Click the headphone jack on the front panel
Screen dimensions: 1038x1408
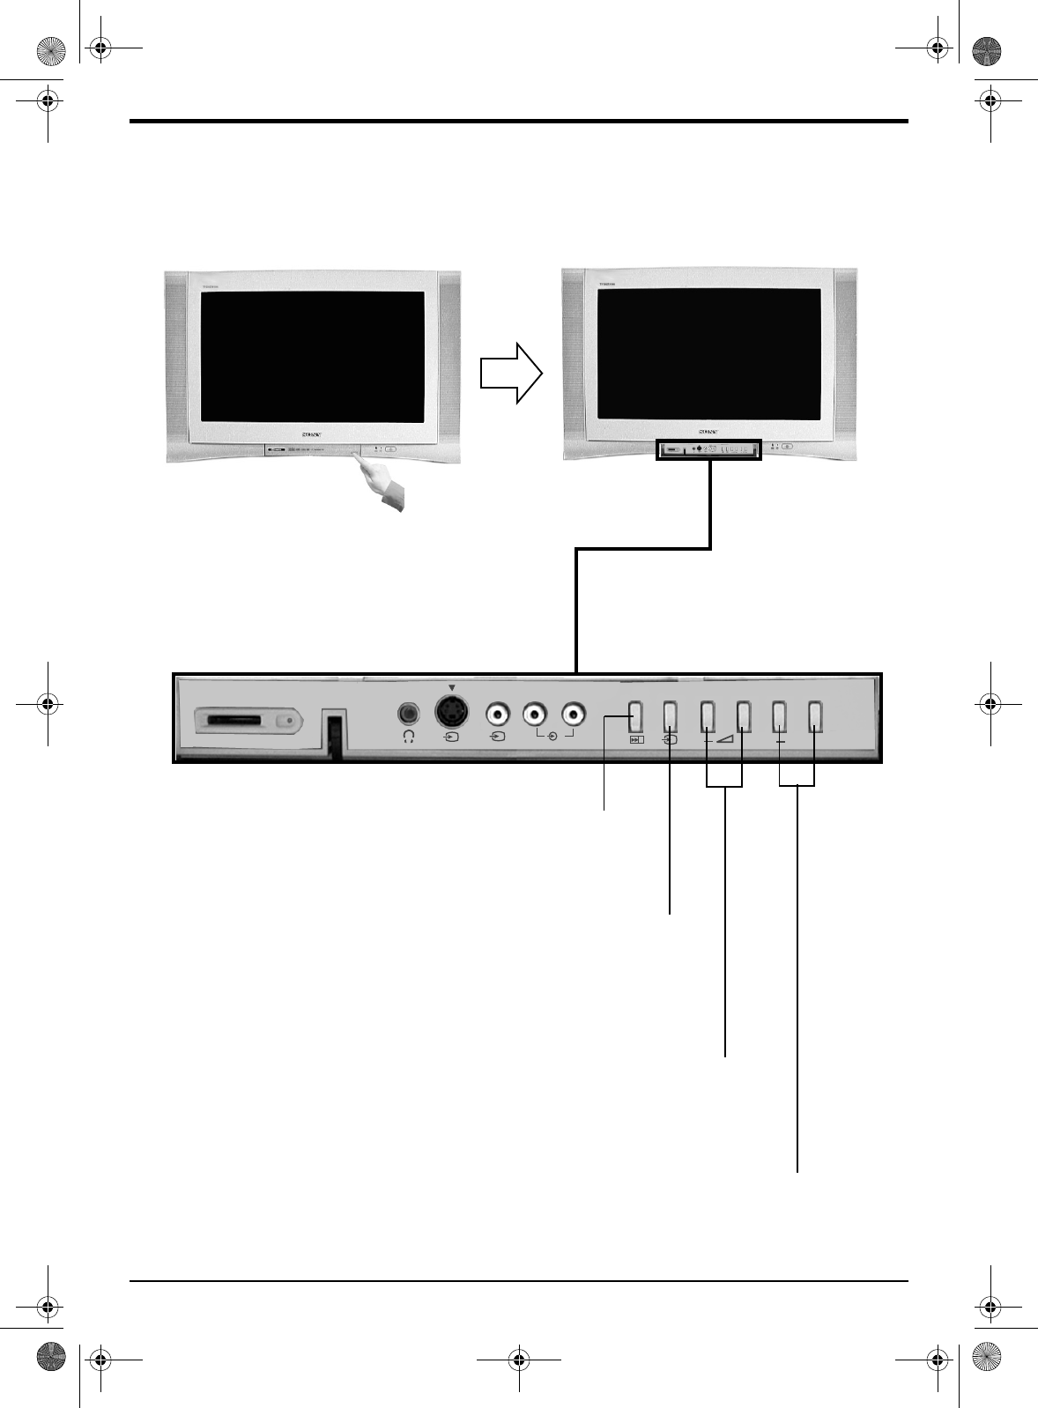[x=408, y=712]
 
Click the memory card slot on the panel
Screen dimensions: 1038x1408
[x=234, y=721]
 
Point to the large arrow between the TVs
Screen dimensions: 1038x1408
[x=510, y=373]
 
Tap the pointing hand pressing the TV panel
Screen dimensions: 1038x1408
[x=383, y=485]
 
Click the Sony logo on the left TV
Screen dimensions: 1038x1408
[x=313, y=434]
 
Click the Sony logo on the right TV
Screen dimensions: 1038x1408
[x=708, y=433]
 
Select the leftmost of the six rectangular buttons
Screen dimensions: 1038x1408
[x=635, y=716]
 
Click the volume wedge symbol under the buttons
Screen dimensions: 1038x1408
[x=725, y=739]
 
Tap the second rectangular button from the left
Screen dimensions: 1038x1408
[x=670, y=716]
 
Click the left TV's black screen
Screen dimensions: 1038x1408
[x=313, y=356]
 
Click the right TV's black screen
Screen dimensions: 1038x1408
[x=709, y=353]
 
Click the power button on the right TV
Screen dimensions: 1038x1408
[x=787, y=447]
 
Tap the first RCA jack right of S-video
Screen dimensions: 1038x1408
[x=499, y=712]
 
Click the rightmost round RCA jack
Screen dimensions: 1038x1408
[x=573, y=712]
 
